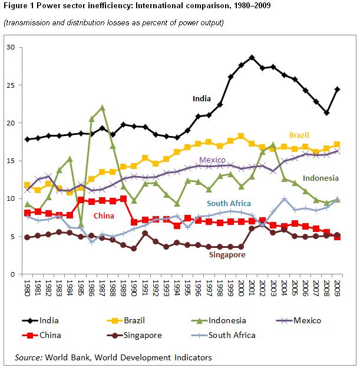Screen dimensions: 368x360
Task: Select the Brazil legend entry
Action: tap(133, 321)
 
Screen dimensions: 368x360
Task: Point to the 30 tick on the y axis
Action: tap(10, 47)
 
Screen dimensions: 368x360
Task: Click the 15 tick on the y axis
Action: tap(10, 161)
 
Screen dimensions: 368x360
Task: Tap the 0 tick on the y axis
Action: tap(12, 274)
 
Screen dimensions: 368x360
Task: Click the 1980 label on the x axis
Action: tap(27, 289)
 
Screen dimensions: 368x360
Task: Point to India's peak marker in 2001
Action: tap(252, 57)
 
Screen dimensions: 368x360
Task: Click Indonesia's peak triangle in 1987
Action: tap(102, 108)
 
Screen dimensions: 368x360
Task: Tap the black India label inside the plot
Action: tap(202, 99)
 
